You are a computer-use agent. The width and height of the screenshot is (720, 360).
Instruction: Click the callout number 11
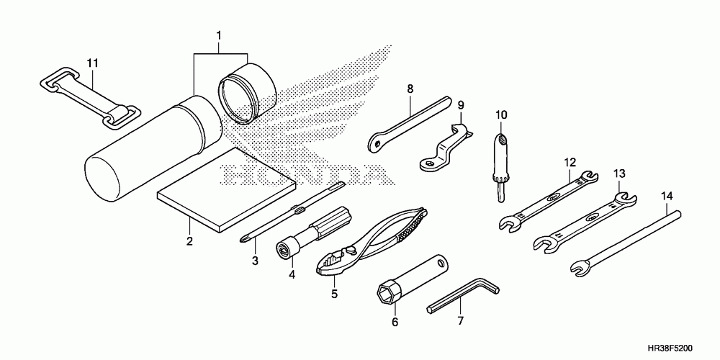[92, 63]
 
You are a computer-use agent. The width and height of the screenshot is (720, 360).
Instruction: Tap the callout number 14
[667, 195]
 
